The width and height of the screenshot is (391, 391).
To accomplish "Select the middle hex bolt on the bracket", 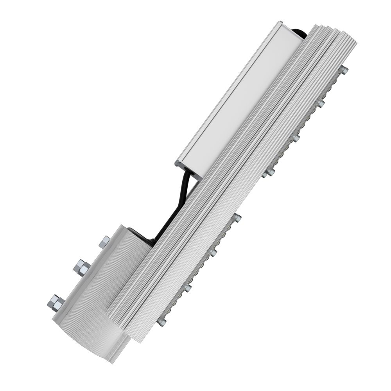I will point(82,267).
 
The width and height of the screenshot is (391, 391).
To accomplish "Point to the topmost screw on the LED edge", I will point(344,70).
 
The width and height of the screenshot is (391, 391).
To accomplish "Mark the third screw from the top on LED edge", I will point(295,137).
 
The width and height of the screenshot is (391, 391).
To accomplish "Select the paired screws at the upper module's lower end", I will point(269,172).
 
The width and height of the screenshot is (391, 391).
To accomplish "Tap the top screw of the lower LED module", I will point(237,217).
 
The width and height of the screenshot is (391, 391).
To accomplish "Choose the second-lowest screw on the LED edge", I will point(187,288).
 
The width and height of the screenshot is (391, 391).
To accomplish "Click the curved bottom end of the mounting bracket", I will point(90,340).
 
